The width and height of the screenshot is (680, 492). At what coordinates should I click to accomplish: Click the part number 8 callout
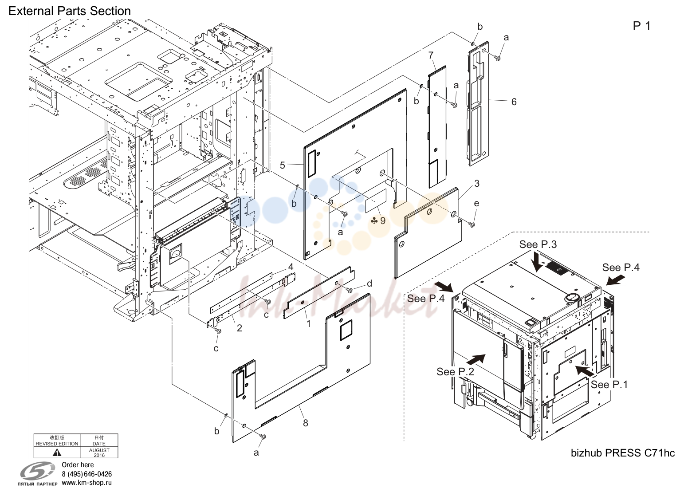(305, 423)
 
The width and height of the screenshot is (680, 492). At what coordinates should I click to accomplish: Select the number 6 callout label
(514, 102)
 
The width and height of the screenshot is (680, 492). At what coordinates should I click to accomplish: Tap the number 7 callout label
(431, 55)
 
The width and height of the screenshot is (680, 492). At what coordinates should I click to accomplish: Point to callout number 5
(283, 165)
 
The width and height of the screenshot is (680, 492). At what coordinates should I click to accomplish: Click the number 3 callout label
(477, 183)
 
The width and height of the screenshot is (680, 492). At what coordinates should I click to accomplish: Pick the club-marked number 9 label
(378, 220)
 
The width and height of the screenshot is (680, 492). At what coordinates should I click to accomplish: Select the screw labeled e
(472, 224)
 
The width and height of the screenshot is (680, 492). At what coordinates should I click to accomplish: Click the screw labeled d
(349, 290)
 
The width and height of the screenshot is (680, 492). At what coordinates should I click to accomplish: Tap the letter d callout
(369, 283)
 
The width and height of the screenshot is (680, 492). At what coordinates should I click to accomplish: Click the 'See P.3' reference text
(538, 244)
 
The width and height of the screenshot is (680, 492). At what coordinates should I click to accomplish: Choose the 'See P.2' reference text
(455, 371)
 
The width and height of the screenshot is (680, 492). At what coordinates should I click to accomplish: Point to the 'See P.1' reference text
(609, 385)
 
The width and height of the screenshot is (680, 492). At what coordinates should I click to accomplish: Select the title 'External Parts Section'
(70, 11)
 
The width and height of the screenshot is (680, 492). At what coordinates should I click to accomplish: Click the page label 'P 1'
(642, 26)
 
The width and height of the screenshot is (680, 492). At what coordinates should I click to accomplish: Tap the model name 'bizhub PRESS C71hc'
(623, 453)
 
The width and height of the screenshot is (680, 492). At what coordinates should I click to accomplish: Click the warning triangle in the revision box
(57, 453)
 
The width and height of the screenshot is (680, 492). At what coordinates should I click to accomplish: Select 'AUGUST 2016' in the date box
(99, 453)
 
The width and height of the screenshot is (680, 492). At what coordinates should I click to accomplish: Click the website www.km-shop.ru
(87, 483)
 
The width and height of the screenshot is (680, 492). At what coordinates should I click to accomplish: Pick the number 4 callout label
(291, 267)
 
